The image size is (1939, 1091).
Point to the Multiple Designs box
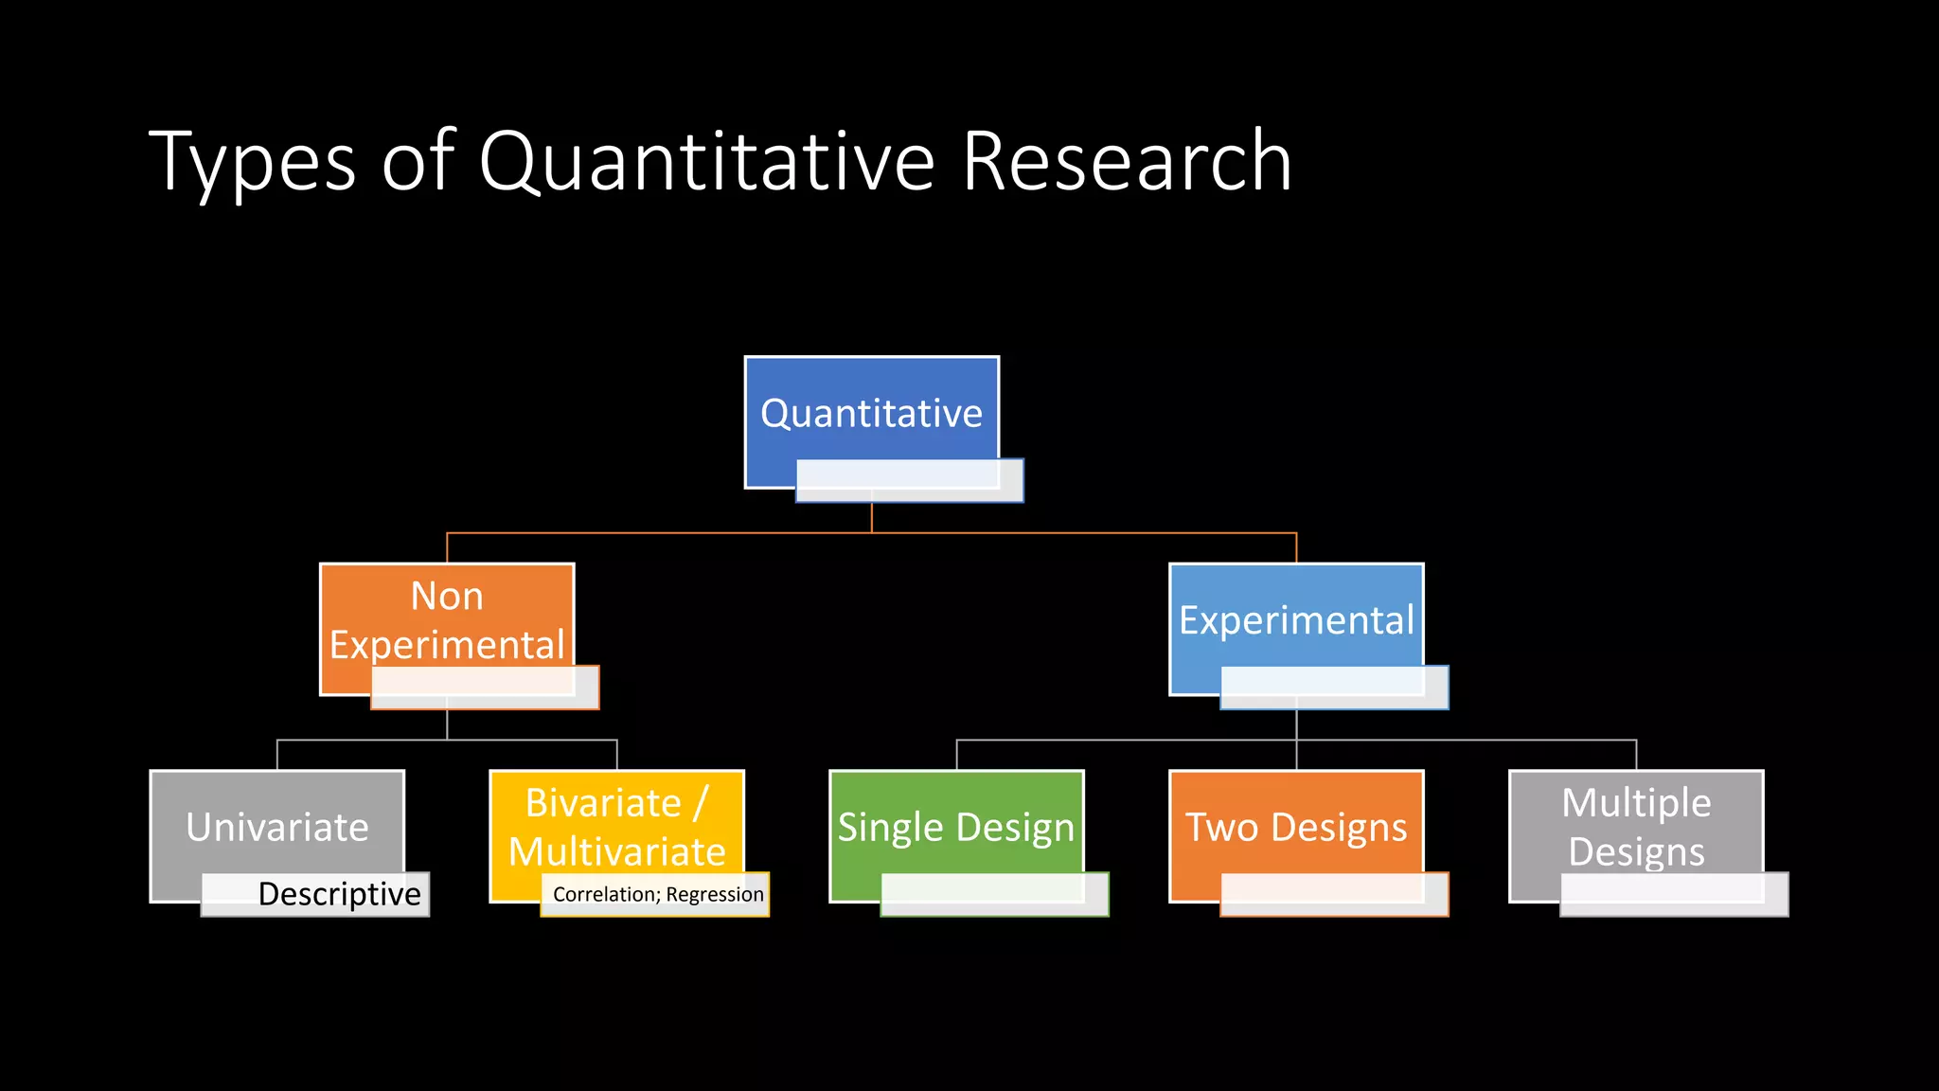[x=1636, y=824]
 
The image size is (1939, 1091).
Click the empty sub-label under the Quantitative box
[x=910, y=481]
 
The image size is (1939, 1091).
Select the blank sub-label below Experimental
[x=1335, y=688]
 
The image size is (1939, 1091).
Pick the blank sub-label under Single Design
[x=995, y=894]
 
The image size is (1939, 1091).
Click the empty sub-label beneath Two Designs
[x=1335, y=894]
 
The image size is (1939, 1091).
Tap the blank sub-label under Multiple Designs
[x=1675, y=894]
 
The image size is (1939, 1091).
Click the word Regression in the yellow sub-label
[x=715, y=894]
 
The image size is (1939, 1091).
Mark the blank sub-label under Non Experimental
[x=485, y=688]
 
